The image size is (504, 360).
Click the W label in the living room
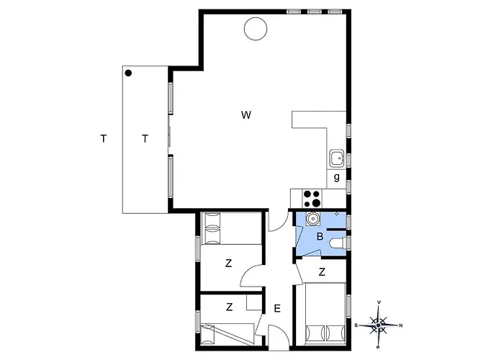pyautogui.click(x=246, y=114)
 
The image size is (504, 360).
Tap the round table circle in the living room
pyautogui.click(x=256, y=29)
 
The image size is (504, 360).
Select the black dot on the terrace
pyautogui.click(x=128, y=73)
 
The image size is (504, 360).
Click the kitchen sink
pyautogui.click(x=336, y=158)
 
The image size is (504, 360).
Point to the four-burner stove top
pyautogui.click(x=312, y=198)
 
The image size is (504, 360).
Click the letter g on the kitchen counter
pyautogui.click(x=336, y=177)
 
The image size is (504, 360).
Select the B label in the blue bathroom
pyautogui.click(x=320, y=237)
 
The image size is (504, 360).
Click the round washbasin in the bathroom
pyautogui.click(x=312, y=219)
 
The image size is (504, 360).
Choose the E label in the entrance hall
pyautogui.click(x=277, y=309)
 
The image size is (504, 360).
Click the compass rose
pyautogui.click(x=379, y=325)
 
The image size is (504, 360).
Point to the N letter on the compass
pyautogui.click(x=400, y=325)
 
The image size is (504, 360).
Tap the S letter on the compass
pyautogui.click(x=356, y=325)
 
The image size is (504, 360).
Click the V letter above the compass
pyautogui.click(x=379, y=302)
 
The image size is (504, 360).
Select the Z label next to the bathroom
pyautogui.click(x=322, y=272)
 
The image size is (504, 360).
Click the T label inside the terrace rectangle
pyautogui.click(x=145, y=139)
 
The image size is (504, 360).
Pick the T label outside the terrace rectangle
pyautogui.click(x=103, y=138)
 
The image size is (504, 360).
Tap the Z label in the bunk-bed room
pyautogui.click(x=229, y=307)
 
